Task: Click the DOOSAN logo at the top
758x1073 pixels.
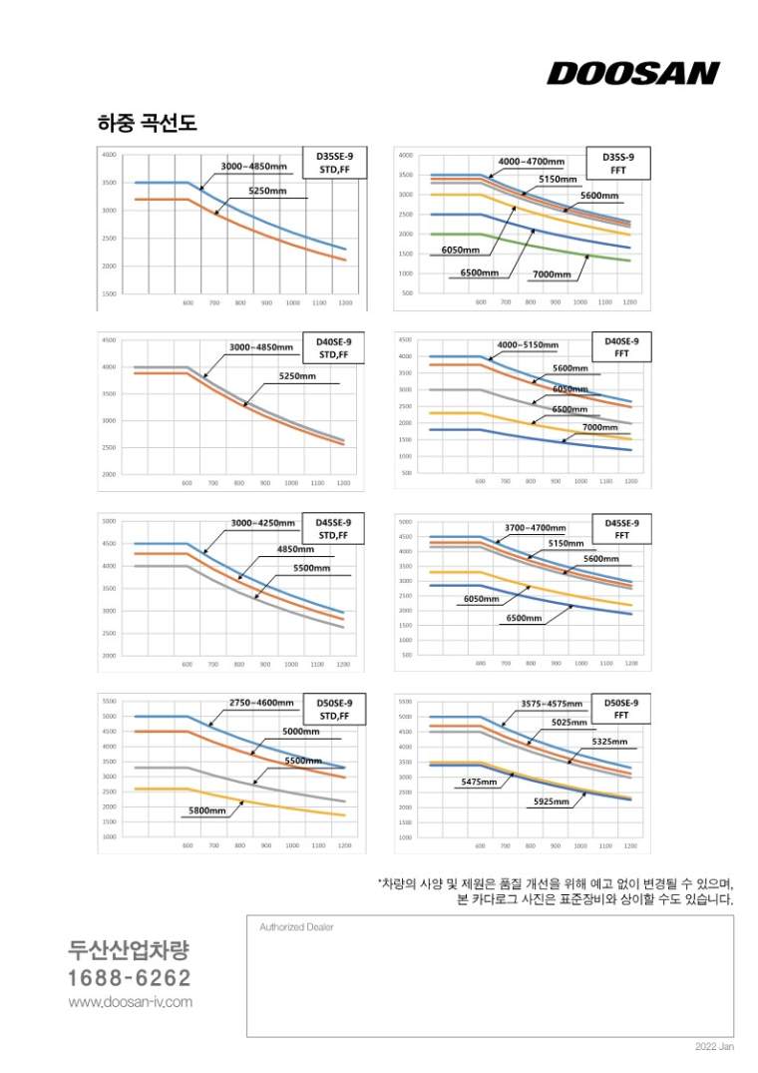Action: tap(632, 74)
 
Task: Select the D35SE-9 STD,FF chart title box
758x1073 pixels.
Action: tap(335, 163)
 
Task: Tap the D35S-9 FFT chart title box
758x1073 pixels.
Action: tap(624, 164)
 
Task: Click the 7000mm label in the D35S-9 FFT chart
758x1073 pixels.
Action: tap(552, 273)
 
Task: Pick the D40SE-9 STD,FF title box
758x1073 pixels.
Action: tap(335, 346)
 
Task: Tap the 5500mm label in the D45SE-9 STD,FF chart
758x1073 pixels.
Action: tap(311, 567)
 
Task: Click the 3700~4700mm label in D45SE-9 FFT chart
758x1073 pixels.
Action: tap(536, 527)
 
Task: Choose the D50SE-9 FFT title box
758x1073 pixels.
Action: tap(620, 709)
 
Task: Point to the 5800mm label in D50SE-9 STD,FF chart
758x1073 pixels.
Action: tap(207, 810)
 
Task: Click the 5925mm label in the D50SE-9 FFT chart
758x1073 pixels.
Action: tap(552, 802)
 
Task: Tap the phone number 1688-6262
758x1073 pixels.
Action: tap(130, 977)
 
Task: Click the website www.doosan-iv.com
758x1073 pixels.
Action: tap(130, 1001)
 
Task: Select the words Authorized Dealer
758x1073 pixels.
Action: tap(296, 926)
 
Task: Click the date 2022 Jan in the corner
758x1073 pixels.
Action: tap(714, 1047)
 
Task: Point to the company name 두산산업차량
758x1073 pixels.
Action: tap(129, 949)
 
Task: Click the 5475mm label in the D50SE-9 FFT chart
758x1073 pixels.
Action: tap(479, 782)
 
